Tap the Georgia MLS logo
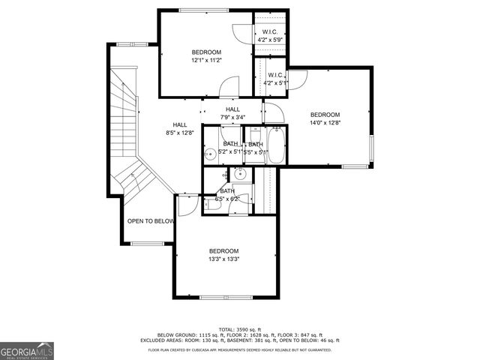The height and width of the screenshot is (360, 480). (27, 350)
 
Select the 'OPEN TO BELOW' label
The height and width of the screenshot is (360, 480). (151, 221)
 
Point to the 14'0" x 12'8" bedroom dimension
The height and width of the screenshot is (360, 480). (325, 123)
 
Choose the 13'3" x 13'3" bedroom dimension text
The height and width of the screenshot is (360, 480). (223, 259)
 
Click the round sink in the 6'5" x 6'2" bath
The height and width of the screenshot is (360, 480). (240, 173)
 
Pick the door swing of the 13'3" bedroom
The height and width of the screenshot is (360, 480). (187, 203)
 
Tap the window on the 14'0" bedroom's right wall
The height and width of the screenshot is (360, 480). (370, 150)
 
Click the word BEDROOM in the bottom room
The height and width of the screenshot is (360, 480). (223, 250)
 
